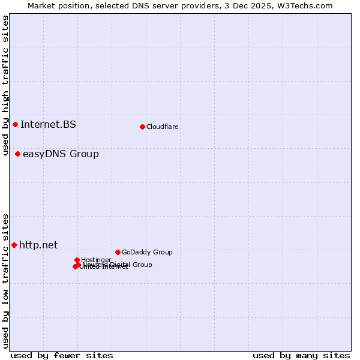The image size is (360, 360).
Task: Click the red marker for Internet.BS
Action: (15, 124)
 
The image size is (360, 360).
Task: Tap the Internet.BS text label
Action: (48, 125)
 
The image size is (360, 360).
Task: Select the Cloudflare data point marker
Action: (142, 127)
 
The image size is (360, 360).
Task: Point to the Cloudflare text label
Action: (162, 127)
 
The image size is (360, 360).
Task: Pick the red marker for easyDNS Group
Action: (17, 154)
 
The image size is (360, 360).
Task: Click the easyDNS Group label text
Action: (61, 154)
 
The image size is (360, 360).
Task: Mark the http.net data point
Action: (14, 245)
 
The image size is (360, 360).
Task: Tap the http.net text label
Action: (38, 245)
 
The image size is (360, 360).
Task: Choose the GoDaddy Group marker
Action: (118, 252)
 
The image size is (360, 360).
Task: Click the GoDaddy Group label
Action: (147, 253)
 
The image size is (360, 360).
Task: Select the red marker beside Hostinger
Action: (77, 260)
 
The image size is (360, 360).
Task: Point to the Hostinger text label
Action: (96, 260)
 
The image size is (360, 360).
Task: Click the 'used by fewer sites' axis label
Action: (62, 355)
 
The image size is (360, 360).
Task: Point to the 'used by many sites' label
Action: (301, 355)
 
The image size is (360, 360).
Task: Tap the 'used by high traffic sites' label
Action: (5, 85)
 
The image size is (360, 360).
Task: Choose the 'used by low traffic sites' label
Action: (5, 281)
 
